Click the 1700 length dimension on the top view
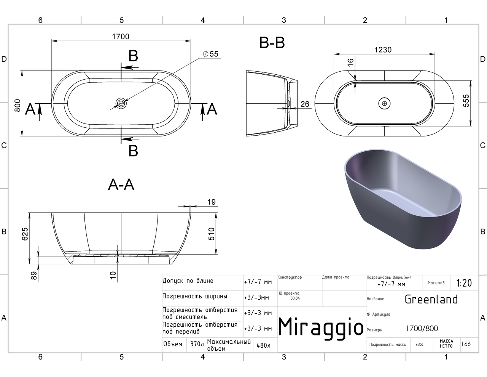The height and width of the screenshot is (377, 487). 121,37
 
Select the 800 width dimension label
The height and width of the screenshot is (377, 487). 18,105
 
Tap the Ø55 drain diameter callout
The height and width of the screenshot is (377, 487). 210,54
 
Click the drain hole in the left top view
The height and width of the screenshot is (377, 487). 121,103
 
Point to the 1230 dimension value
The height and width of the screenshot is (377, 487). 383,50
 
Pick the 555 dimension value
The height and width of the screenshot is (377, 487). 466,101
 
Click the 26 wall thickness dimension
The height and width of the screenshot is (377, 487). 305,104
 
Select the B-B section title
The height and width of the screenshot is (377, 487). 272,43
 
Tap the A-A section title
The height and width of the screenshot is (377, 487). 121,185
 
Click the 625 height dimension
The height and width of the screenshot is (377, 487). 25,234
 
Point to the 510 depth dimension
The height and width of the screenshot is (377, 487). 211,234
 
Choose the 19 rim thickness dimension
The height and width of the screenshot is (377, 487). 211,202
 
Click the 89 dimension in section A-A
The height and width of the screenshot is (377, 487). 33,276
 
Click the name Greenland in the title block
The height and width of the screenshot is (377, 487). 431,299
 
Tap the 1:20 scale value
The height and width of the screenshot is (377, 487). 464,283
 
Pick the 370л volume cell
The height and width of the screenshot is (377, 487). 197,344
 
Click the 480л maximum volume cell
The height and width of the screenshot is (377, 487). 264,345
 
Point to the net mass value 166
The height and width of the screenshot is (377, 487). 466,344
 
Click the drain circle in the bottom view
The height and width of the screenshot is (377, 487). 384,103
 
